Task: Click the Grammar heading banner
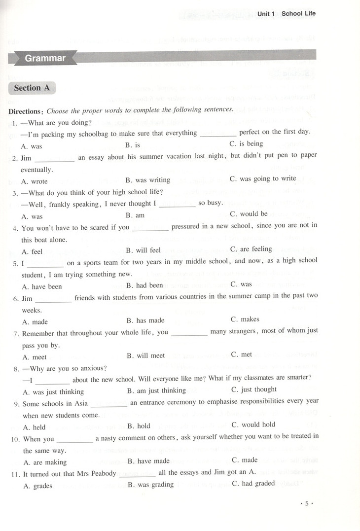pyautogui.click(x=45, y=58)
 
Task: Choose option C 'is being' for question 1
pyautogui.click(x=247, y=143)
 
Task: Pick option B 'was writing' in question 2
pyautogui.click(x=148, y=180)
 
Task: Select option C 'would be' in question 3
pyautogui.click(x=249, y=214)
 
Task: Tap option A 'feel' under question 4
pyautogui.click(x=33, y=251)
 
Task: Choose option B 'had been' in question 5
pyautogui.click(x=144, y=285)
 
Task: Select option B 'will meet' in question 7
pyautogui.click(x=145, y=355)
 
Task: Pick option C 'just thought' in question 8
pyautogui.click(x=253, y=389)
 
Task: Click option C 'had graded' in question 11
pyautogui.click(x=252, y=483)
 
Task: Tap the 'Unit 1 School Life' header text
pyautogui.click(x=286, y=14)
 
